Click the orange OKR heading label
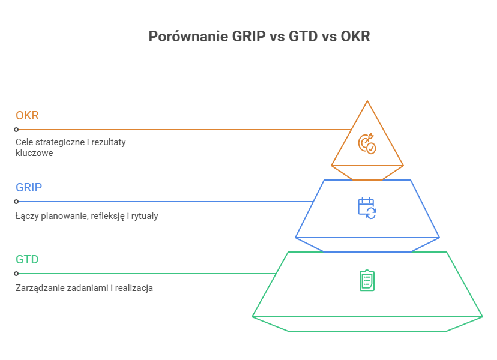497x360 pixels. [27, 115]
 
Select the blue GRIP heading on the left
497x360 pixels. [28, 187]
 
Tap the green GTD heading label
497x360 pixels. [27, 260]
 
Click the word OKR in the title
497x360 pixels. [355, 37]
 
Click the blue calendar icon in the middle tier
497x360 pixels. [367, 208]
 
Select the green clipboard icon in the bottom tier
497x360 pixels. [367, 280]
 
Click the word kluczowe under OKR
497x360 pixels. [34, 153]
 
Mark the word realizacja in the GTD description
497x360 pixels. [135, 288]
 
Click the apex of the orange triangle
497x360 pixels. [367, 101]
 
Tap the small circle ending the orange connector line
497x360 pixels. [17, 129]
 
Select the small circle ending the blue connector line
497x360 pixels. [17, 202]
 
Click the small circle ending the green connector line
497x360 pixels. [17, 274]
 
